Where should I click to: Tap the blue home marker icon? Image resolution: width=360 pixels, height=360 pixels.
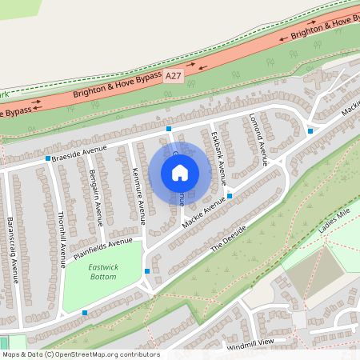pos(180,172)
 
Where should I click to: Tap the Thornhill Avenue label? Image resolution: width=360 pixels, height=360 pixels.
pos(62,240)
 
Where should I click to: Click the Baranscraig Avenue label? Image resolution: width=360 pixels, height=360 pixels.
pos(12,249)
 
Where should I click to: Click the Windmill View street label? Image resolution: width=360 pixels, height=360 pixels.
pos(250,343)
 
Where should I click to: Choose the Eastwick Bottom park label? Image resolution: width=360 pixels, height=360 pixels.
pos(102,272)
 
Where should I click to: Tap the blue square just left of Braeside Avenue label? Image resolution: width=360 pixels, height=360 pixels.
pos(49,159)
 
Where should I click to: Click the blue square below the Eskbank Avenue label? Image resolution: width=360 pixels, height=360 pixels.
pos(230,195)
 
